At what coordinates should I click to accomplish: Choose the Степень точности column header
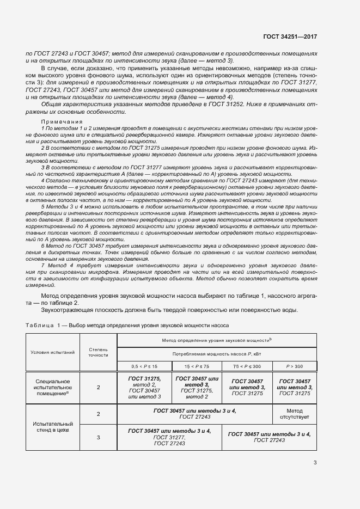(x=98, y=352)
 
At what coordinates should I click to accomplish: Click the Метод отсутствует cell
(x=295, y=414)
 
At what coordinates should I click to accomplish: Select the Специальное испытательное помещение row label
(x=52, y=387)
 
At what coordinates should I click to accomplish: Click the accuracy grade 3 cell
(x=98, y=437)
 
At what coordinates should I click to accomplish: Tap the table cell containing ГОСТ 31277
(x=169, y=437)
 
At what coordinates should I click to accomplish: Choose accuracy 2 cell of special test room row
(x=98, y=387)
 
